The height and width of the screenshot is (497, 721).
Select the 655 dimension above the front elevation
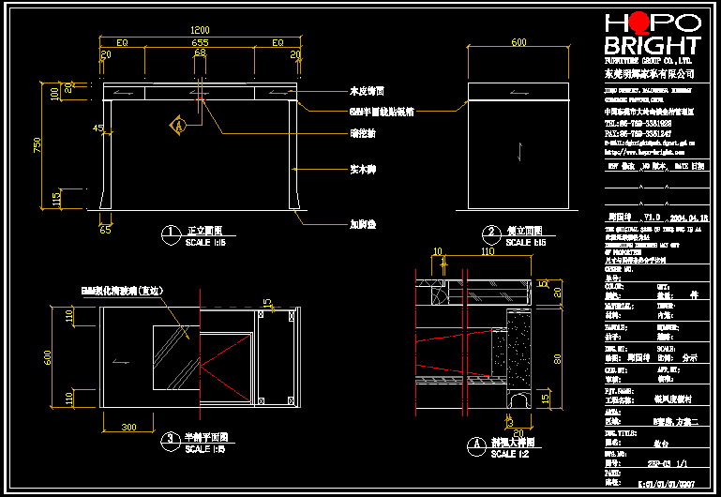click(x=200, y=43)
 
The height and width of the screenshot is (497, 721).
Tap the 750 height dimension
click(x=38, y=144)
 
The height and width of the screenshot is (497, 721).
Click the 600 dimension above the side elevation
click(x=518, y=42)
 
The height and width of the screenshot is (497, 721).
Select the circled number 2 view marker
click(x=489, y=232)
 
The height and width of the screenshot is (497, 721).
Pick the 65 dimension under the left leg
click(x=105, y=228)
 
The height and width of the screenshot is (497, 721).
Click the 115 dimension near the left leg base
click(x=56, y=200)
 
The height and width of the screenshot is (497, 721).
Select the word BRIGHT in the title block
click(x=652, y=46)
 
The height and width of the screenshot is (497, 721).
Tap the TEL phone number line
click(x=638, y=123)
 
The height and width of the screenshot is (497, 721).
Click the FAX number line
click(x=638, y=133)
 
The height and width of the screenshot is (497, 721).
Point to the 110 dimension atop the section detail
click(x=488, y=252)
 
